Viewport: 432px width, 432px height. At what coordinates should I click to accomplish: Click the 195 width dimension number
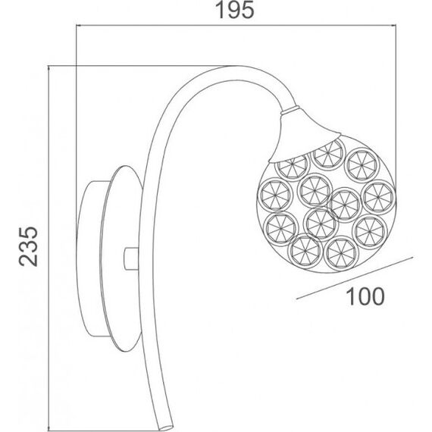(x=234, y=10)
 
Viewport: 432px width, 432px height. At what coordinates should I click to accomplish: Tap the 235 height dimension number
(x=28, y=246)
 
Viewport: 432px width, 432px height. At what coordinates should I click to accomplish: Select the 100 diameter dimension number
(x=365, y=296)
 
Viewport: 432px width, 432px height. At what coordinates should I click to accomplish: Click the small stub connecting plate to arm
(x=131, y=258)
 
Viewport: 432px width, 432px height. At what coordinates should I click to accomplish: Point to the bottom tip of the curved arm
(x=166, y=428)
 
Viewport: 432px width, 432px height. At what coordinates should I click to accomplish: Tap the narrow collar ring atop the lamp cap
(x=290, y=110)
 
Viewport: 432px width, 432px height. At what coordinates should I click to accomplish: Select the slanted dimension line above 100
(x=355, y=278)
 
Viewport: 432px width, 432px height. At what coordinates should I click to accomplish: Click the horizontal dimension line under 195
(x=236, y=26)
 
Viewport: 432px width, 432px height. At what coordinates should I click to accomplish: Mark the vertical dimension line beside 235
(x=49, y=248)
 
